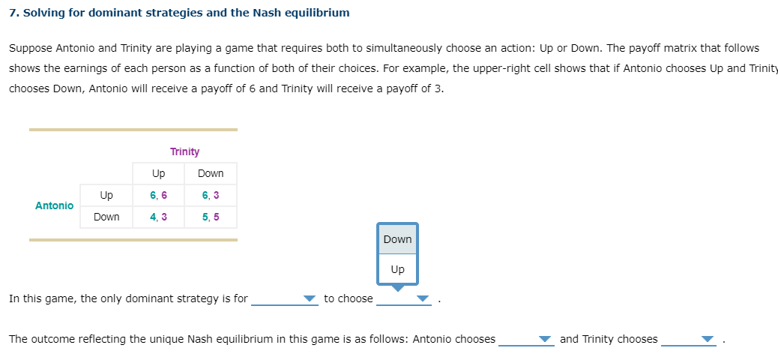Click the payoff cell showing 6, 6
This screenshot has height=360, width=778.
tap(158, 195)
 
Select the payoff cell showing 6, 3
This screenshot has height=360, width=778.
tap(211, 195)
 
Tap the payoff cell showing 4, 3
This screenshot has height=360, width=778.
tap(158, 217)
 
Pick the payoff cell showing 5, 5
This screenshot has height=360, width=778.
tap(211, 217)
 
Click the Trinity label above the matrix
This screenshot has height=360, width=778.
tap(184, 151)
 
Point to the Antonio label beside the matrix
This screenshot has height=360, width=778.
tap(54, 205)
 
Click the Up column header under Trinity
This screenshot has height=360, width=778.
tap(158, 173)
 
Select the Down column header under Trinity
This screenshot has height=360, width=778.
tap(211, 173)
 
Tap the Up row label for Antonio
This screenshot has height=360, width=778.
tap(106, 195)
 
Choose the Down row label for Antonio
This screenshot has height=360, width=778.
tap(106, 217)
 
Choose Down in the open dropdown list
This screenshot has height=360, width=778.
tap(397, 239)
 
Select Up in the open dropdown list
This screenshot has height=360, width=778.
tap(397, 269)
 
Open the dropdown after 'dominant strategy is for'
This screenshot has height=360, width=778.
tap(285, 298)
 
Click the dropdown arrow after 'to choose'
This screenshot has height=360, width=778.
tap(423, 298)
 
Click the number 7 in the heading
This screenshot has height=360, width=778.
tap(13, 13)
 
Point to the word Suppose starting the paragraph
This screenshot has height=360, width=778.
tap(30, 48)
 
